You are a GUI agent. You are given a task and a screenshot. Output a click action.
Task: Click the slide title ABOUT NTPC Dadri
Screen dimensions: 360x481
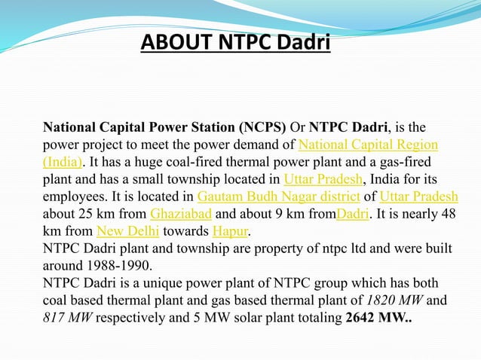[236, 44]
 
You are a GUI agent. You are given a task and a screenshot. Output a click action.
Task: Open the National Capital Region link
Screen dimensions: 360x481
[369, 144]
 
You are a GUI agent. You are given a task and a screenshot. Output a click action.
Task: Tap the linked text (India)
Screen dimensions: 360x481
[62, 161]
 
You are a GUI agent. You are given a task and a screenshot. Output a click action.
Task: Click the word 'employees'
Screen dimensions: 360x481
[73, 196]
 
